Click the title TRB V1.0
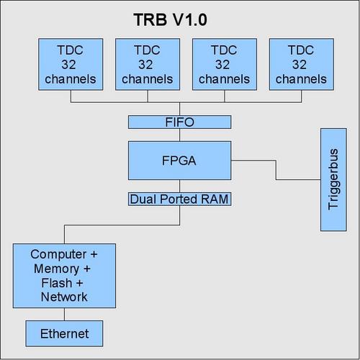(170, 19)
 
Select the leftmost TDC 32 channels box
(71, 64)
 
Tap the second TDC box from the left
(148, 64)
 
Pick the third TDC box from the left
(225, 64)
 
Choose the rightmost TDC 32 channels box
(302, 64)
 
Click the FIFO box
(180, 122)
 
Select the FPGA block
(180, 161)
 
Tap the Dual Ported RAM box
(180, 199)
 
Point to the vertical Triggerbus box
(333, 180)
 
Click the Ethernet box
(64, 333)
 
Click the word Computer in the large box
(58, 255)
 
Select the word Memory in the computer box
(57, 269)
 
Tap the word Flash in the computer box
(57, 283)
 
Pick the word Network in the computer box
(64, 297)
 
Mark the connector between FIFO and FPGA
(180, 135)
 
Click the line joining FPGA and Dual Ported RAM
(180, 186)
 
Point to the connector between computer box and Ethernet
(64, 314)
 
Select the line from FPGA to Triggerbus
(276, 170)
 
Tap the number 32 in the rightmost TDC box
(300, 65)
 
